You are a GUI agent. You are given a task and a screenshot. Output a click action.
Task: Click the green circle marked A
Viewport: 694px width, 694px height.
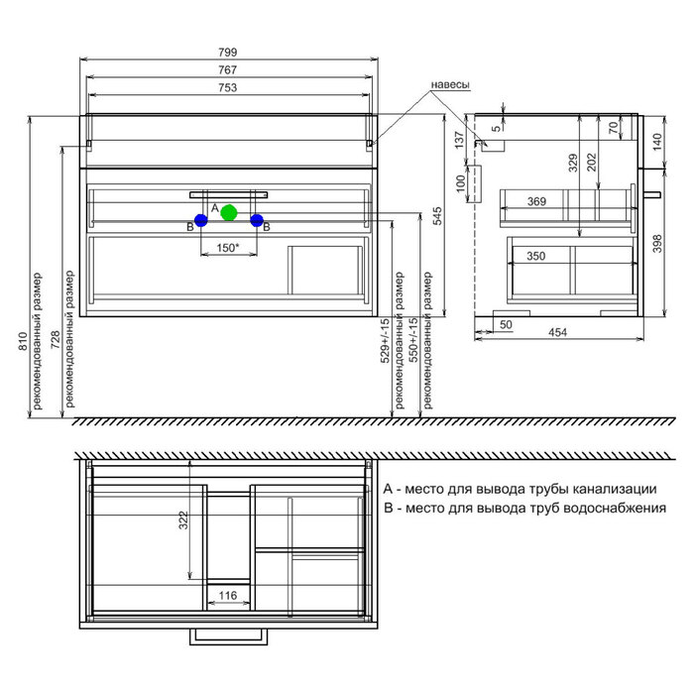coord(229,213)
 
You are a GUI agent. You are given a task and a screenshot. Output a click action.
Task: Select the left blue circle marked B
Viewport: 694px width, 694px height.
coord(201,220)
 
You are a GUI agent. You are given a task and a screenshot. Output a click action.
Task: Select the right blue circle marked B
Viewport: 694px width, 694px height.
coord(257,220)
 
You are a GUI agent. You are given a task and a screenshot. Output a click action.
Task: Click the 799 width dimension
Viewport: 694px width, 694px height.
coord(228,53)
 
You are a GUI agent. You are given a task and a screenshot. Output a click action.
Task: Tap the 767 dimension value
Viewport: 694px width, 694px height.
coord(228,70)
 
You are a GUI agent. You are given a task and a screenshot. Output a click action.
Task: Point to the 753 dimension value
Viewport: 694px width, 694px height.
coord(228,87)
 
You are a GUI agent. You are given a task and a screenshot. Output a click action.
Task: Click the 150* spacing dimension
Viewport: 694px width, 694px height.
coord(228,248)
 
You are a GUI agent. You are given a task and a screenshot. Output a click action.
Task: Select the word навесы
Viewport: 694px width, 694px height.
coord(450,84)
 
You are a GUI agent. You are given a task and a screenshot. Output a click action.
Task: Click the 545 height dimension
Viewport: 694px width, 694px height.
coord(437,216)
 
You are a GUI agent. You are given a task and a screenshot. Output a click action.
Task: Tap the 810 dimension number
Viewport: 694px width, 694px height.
coord(23,342)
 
